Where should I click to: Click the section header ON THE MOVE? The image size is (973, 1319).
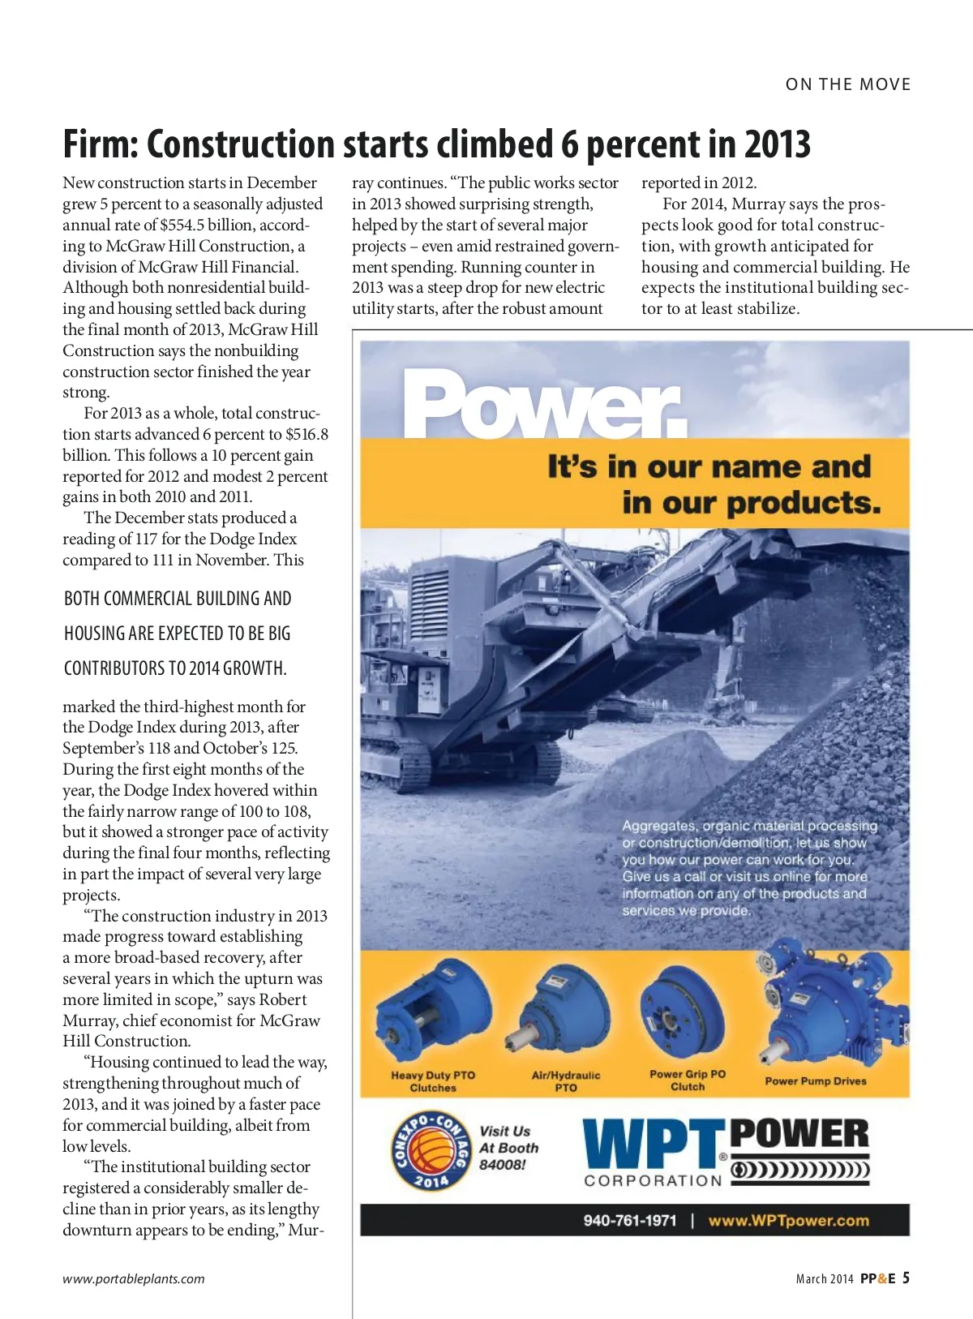[848, 84]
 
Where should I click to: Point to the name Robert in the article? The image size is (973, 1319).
[279, 999]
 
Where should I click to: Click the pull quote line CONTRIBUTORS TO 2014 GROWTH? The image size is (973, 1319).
[175, 668]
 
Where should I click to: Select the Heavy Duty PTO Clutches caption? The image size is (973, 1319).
[433, 1081]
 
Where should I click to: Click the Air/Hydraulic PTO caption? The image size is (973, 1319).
[566, 1081]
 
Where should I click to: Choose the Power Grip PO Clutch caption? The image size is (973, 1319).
[688, 1081]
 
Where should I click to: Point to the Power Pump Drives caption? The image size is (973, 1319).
[815, 1081]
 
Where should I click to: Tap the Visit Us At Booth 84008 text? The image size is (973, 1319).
[508, 1148]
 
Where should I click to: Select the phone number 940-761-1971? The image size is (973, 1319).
[629, 1221]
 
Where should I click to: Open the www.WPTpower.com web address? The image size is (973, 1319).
[788, 1221]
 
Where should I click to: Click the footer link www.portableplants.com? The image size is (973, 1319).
[134, 1279]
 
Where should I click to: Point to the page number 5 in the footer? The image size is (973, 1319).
[906, 1278]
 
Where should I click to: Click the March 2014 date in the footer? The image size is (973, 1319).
[825, 1279]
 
